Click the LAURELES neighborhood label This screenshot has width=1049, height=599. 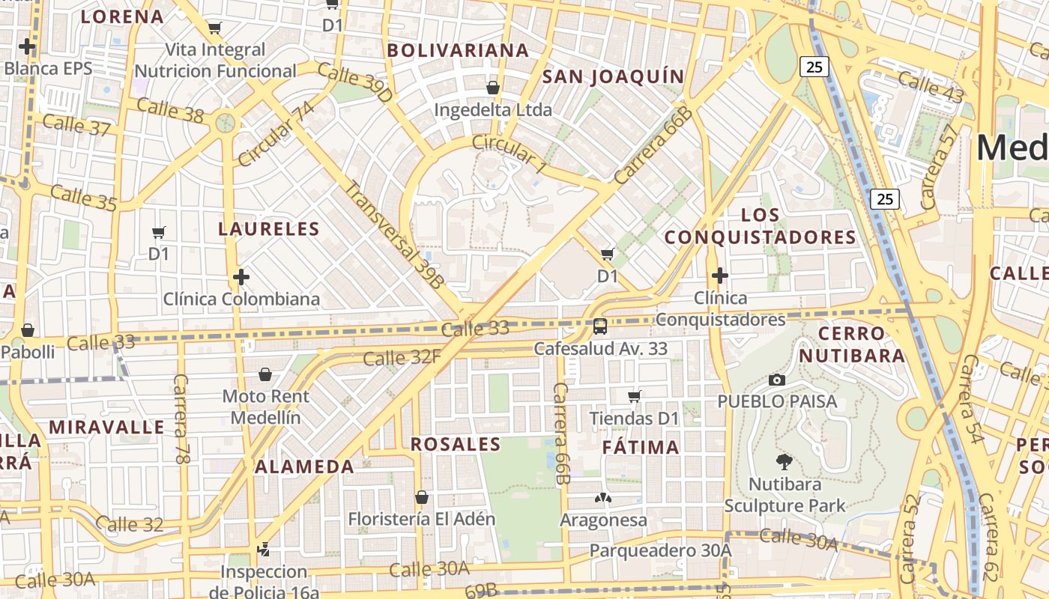point(269,229)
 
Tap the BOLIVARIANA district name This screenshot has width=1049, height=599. point(458,50)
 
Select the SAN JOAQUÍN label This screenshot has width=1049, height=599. point(613,76)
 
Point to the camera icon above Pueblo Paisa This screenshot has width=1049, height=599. point(777,380)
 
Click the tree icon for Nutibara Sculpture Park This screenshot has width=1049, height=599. point(785,461)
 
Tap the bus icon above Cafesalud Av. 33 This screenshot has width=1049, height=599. point(600,326)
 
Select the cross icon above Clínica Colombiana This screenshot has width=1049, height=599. point(241,278)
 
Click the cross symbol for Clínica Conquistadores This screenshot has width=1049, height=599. point(720,276)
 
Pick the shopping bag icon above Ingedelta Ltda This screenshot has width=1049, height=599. point(493,88)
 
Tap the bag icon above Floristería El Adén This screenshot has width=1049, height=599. point(422,496)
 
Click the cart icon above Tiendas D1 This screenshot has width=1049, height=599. point(635,395)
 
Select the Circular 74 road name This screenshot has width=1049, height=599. point(276,133)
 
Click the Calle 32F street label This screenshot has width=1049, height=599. point(402,358)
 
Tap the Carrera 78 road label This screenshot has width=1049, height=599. point(181,418)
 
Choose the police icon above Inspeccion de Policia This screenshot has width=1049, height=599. point(263,550)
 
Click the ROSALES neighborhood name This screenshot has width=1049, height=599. point(456,444)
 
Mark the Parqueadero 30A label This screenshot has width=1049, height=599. point(660,550)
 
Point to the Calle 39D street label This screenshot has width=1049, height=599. point(355,83)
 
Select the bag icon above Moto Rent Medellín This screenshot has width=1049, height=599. point(264,374)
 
